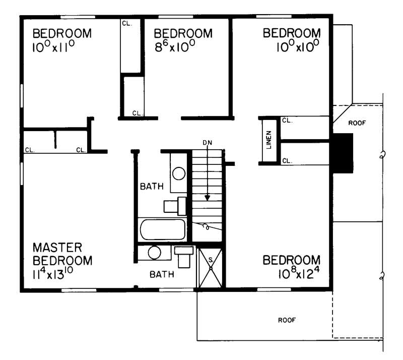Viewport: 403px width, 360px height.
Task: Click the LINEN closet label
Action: [x=268, y=141]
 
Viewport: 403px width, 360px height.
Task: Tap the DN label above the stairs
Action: [x=208, y=143]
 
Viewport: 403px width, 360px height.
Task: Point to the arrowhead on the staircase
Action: [x=208, y=197]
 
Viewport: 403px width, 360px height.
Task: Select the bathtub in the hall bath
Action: [x=162, y=230]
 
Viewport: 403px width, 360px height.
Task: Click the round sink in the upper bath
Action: [x=179, y=173]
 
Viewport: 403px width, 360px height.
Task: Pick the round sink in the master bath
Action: [x=155, y=252]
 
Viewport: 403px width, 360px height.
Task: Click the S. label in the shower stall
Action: [x=211, y=260]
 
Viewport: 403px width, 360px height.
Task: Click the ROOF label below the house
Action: [x=287, y=320]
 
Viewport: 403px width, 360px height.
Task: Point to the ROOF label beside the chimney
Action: [x=356, y=123]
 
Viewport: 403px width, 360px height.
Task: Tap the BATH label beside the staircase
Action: [x=152, y=187]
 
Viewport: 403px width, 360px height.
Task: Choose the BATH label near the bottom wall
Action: [x=162, y=275]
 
